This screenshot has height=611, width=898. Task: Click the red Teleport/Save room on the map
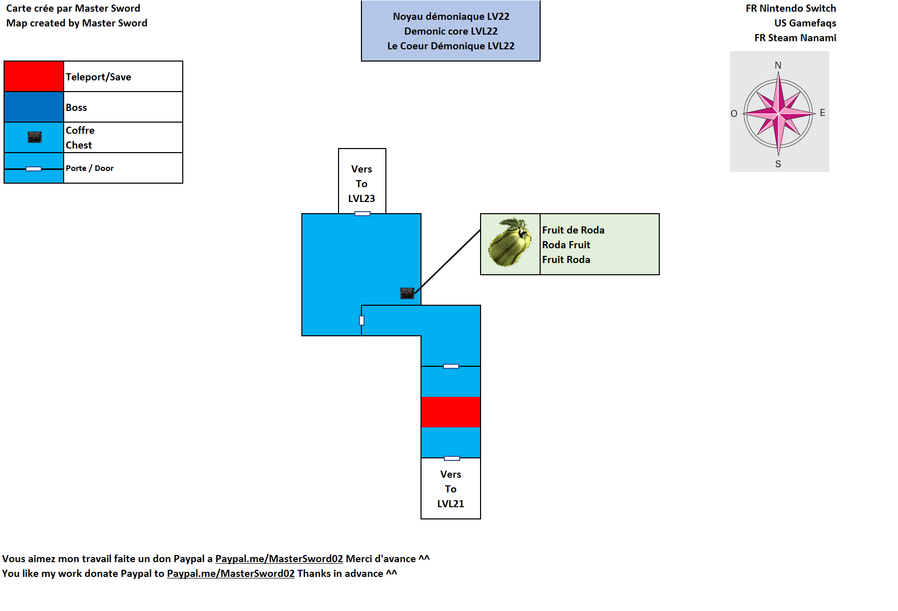point(451,412)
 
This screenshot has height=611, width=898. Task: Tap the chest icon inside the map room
point(407,293)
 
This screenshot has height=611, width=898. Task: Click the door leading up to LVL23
point(362,214)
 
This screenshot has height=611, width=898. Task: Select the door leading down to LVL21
point(452,458)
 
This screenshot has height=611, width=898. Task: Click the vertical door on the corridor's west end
point(361,321)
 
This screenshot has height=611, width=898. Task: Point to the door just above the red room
point(451,366)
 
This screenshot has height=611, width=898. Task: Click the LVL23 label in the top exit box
point(361,198)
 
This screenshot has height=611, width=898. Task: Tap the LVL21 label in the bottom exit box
point(451,504)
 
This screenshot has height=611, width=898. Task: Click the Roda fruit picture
point(510,243)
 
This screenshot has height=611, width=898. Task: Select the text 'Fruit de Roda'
point(573,230)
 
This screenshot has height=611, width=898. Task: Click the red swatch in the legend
point(34,76)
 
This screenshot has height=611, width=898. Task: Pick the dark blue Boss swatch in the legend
point(34,107)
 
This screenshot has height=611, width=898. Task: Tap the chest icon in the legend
point(35,137)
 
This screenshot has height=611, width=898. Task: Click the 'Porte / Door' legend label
point(90,168)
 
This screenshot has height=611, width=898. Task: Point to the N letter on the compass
point(778,65)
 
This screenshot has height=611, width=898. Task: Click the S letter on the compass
point(778,164)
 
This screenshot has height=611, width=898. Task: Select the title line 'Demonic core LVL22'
point(451,31)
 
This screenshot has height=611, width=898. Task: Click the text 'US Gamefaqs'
point(805,23)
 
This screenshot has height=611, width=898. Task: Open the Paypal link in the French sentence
point(279,559)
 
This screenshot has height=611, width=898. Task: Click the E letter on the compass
point(822,112)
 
